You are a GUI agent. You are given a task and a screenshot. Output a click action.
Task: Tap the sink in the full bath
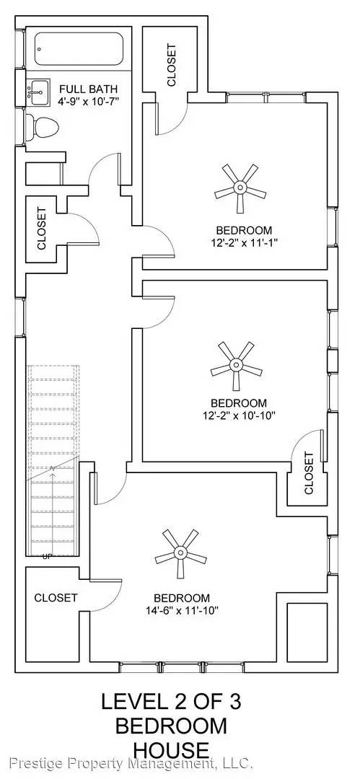[x=38, y=92]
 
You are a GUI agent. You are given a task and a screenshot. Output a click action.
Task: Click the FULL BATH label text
[x=89, y=89]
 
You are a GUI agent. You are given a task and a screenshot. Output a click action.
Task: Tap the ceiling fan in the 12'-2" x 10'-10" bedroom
[x=236, y=366]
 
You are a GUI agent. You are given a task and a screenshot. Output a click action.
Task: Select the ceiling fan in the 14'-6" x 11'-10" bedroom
[x=180, y=553]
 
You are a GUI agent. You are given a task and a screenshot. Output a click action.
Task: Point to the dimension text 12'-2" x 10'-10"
[x=239, y=415]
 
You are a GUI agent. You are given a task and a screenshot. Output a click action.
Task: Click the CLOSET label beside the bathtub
[x=172, y=65]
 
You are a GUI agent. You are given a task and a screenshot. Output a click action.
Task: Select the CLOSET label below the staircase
[x=56, y=598]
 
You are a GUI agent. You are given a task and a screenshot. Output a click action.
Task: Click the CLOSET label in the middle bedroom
[x=309, y=473]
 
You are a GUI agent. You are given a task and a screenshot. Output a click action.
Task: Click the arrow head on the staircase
[x=52, y=469]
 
